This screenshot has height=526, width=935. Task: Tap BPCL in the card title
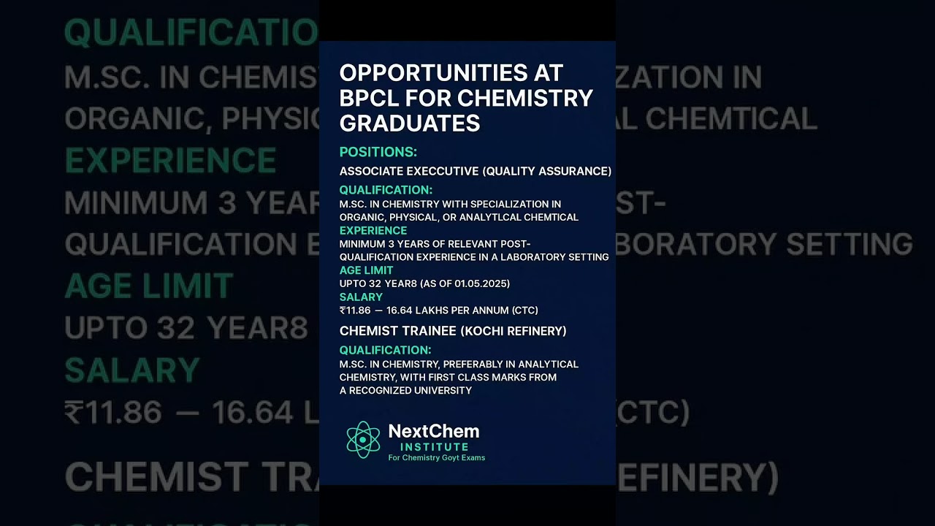[x=369, y=98]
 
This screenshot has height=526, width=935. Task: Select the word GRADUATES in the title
[x=410, y=123]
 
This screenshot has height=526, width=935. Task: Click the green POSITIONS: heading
[x=378, y=152]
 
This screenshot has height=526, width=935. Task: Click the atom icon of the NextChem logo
[x=363, y=439]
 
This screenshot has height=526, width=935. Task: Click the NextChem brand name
[x=433, y=431]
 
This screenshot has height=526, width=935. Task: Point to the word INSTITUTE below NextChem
[x=434, y=446]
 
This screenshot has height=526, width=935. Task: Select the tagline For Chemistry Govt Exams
[x=436, y=458]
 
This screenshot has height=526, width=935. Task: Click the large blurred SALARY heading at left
[x=132, y=371]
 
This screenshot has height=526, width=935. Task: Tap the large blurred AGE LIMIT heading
[x=149, y=286]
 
